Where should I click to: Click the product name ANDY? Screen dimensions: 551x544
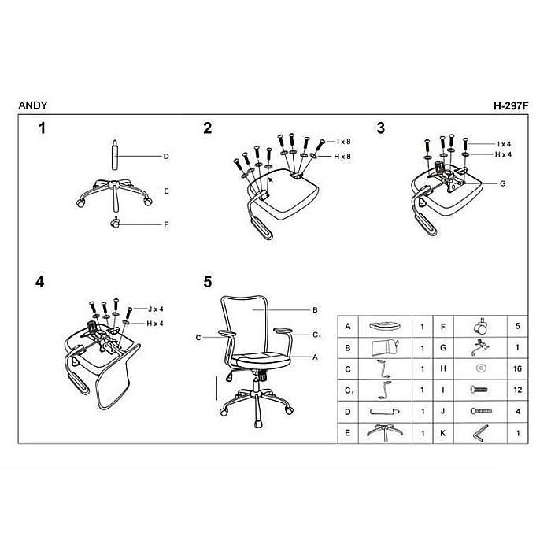coord(33,105)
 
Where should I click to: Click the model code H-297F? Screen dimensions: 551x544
coord(511,105)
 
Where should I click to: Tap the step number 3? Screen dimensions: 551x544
coord(380,128)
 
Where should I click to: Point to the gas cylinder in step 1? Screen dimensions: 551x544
coord(115,155)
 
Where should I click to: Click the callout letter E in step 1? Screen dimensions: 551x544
coord(166,191)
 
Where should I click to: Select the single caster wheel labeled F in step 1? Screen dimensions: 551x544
coord(115,223)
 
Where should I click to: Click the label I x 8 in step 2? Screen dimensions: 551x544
coord(343,142)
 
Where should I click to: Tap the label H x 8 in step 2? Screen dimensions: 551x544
coord(342,157)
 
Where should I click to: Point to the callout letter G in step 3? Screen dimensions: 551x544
coord(502,183)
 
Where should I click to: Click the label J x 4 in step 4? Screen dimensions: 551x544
coord(155,309)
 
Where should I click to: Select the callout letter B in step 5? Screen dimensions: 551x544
coord(315,310)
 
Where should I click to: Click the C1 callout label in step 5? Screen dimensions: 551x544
coord(316,335)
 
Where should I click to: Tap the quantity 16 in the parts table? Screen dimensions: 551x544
coord(517,368)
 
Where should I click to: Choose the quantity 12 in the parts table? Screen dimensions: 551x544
coord(517,390)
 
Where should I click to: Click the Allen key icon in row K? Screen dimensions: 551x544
coord(480,433)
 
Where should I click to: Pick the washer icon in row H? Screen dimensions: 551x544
coord(480,368)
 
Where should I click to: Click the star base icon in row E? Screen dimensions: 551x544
coord(385,432)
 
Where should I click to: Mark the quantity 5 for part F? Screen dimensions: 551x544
coord(518,326)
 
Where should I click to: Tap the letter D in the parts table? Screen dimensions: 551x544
coord(348,412)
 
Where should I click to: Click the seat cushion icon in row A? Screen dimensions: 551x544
coord(385,326)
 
